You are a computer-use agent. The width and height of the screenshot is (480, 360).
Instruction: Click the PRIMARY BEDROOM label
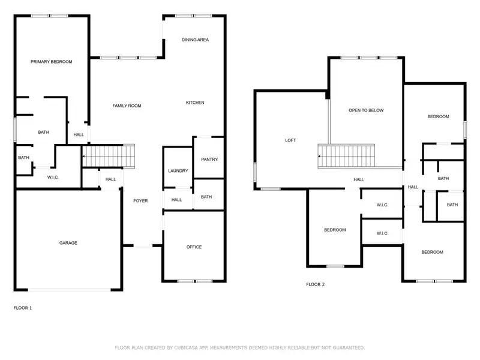(x=52, y=62)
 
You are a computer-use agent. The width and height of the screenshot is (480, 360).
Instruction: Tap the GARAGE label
(x=68, y=243)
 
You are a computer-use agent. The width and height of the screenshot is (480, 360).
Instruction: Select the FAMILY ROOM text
(x=127, y=106)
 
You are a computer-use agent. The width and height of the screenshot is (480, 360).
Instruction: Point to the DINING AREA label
(x=195, y=40)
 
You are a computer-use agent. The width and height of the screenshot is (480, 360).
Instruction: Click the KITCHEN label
(x=194, y=103)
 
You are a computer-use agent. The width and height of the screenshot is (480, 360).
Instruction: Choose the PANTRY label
(x=209, y=160)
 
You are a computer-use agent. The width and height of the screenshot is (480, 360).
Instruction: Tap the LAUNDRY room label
(x=178, y=171)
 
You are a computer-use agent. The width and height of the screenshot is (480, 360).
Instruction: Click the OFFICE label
(x=194, y=247)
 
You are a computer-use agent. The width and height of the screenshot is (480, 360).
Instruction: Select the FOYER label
(x=140, y=201)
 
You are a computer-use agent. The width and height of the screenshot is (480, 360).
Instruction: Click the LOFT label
(x=290, y=140)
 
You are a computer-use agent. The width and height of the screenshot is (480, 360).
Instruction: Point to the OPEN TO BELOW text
(x=366, y=110)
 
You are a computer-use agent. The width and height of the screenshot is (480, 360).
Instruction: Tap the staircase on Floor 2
(x=346, y=156)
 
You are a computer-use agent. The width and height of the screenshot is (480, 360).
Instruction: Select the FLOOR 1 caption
(x=23, y=308)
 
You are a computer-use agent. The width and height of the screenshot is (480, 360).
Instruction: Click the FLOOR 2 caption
(x=315, y=284)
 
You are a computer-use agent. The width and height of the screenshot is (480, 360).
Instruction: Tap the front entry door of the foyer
(x=143, y=246)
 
